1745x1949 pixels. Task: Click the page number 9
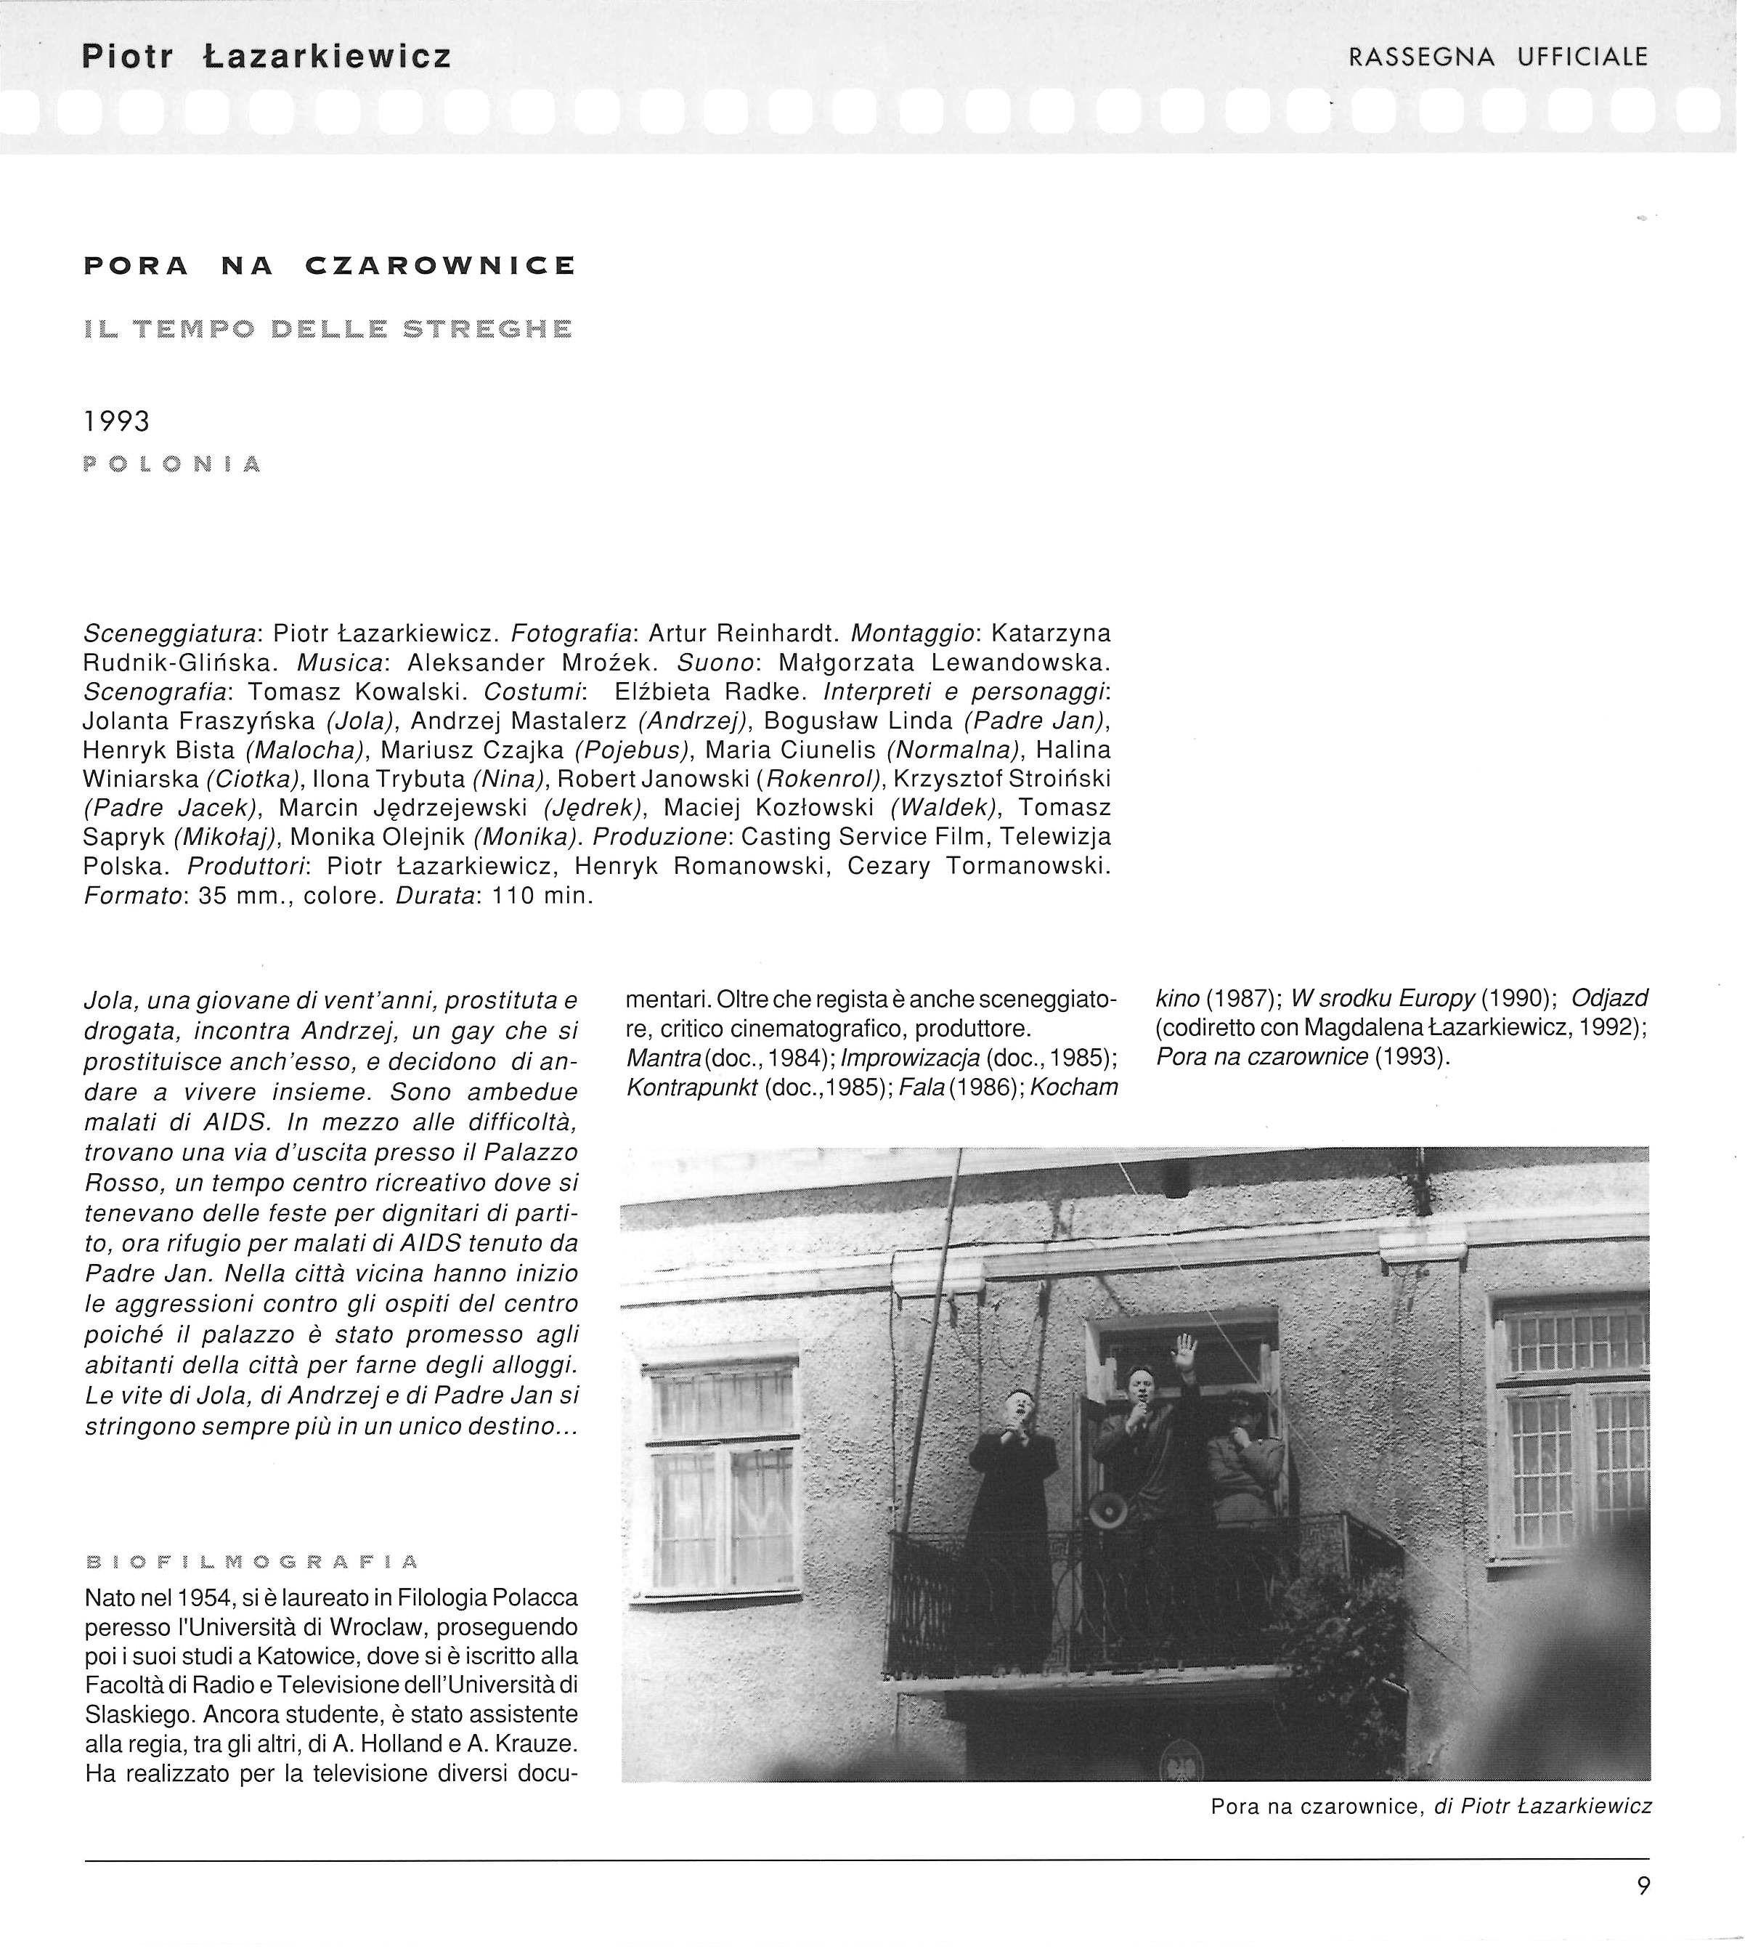1643,1887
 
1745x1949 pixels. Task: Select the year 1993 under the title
117,421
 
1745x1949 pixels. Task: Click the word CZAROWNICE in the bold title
441,266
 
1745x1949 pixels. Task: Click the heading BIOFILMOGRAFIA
252,1563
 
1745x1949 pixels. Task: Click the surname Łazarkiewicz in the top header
327,57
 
